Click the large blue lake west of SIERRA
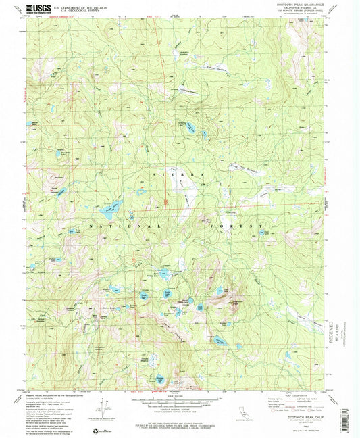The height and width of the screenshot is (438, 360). tap(112, 204)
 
